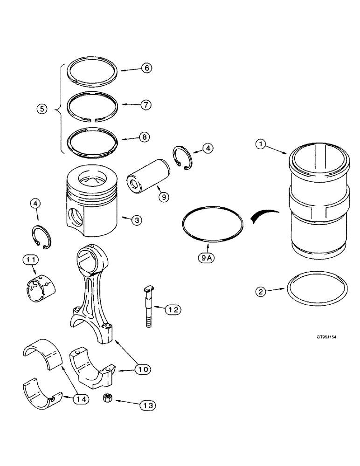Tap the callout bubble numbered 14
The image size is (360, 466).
coord(82,399)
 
